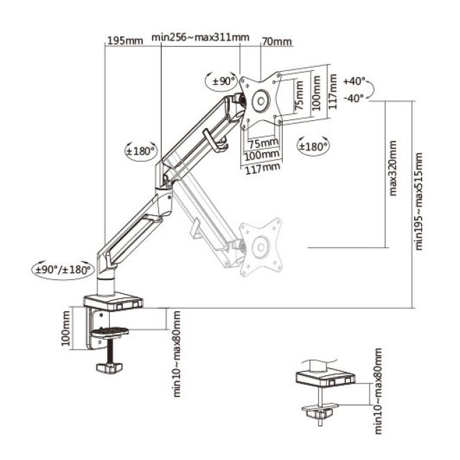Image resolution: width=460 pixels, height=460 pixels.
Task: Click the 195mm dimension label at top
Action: click(125, 40)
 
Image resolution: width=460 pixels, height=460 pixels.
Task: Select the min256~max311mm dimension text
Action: click(200, 38)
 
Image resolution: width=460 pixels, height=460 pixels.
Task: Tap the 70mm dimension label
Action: click(277, 42)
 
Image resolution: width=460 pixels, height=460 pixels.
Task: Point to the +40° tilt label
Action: click(354, 81)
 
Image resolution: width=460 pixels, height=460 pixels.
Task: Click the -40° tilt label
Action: click(354, 98)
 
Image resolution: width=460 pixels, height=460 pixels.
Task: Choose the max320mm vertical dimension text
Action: click(393, 168)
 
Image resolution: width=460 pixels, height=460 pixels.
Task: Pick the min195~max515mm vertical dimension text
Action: click(418, 202)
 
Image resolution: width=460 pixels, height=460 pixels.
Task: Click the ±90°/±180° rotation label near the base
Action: click(63, 270)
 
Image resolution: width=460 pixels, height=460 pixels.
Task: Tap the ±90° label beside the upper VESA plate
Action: click(224, 81)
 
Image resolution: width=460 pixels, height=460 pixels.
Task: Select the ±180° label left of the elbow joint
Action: click(140, 151)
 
